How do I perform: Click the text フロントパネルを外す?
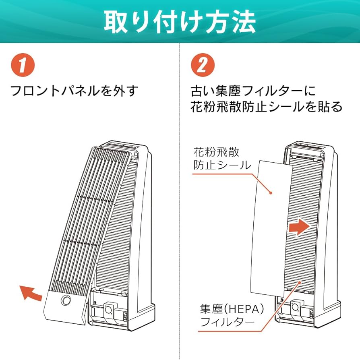(x=74, y=90)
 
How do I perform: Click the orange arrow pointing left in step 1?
(x=31, y=292)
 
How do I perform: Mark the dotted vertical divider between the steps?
(x=180, y=201)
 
